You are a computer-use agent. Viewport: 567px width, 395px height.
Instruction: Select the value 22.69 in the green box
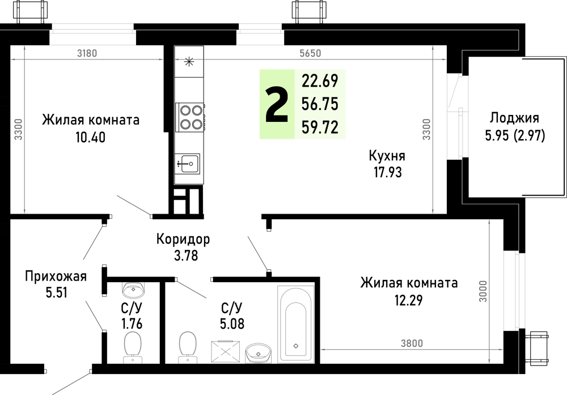pos(320,81)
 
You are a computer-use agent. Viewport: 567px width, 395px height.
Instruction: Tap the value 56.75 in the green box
pos(320,104)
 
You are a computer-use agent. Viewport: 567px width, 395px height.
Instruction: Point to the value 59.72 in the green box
pos(320,127)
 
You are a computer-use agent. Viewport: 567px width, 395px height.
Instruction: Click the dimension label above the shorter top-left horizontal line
pos(87,53)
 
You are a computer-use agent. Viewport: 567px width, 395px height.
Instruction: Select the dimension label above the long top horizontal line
pos(310,53)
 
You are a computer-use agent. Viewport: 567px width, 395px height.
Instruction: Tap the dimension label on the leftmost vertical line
pos(19,129)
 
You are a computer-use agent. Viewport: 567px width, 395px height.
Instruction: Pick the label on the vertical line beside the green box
pos(426,129)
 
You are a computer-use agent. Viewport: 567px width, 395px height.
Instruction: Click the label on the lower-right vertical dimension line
pos(483,291)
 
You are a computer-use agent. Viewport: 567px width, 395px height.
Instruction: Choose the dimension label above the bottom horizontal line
pos(412,343)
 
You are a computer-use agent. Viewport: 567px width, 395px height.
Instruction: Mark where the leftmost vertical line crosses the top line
pos(24,59)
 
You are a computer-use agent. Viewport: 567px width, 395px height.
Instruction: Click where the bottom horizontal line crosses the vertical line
pos(489,349)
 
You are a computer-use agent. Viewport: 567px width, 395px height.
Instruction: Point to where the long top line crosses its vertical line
pos(433,59)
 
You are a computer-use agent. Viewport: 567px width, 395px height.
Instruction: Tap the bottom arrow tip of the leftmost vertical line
pos(24,212)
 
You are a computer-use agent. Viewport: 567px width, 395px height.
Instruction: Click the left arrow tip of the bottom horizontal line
pos(322,349)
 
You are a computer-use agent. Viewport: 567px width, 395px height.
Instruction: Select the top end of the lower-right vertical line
pos(489,221)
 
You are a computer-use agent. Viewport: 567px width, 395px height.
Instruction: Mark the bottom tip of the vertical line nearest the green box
pos(433,212)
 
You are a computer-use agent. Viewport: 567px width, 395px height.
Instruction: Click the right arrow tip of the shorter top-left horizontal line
pos(162,59)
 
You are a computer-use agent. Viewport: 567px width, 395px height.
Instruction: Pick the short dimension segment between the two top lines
pos(189,59)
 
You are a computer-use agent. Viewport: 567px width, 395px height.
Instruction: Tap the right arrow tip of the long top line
pos(445,59)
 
